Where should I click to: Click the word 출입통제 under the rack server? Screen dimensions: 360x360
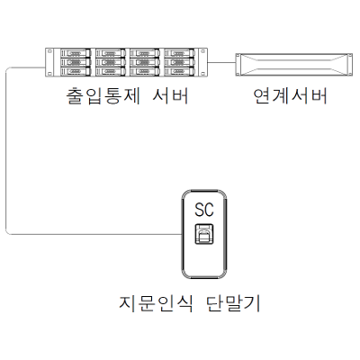tap(103, 96)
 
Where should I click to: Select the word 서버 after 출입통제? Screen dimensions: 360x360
tap(170, 96)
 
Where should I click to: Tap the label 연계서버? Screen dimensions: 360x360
tap(290, 96)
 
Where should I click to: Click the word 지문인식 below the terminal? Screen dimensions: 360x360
tap(156, 303)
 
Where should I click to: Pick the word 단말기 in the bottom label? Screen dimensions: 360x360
tap(233, 303)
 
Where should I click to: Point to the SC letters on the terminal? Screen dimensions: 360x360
tap(204, 210)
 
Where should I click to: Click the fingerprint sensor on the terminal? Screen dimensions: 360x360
tap(204, 234)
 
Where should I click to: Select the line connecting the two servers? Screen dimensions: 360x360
tap(221, 63)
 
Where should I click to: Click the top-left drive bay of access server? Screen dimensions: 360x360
tap(76, 53)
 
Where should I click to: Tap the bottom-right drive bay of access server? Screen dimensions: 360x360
tap(179, 71)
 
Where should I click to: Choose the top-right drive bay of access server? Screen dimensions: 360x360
tap(179, 53)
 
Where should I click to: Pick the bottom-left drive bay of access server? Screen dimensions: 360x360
tap(76, 71)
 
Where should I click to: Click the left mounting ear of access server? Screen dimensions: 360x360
tap(49, 62)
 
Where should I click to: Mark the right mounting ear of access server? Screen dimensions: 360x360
tap(203, 62)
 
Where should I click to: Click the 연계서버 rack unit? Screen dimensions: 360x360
tap(293, 65)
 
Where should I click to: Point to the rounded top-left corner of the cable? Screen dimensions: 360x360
tap(8, 69)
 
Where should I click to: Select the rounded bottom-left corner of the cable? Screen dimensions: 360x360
tap(8, 232)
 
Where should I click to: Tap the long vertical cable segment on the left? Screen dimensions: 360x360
tap(6, 151)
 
